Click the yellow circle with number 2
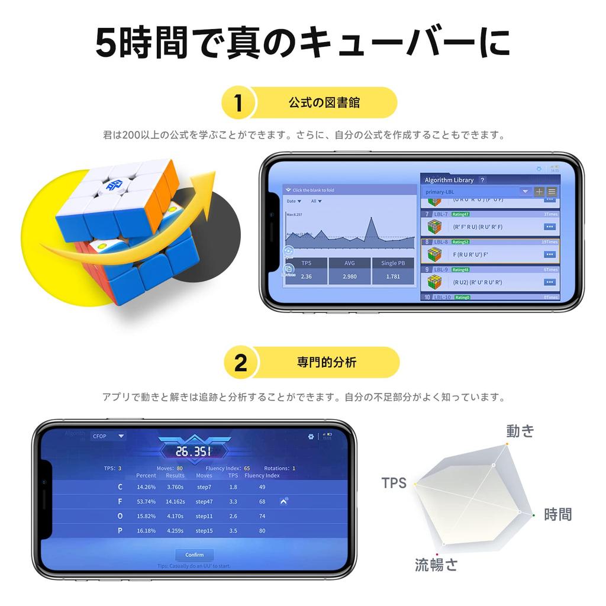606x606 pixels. click(240, 363)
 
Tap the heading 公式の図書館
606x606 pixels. click(324, 103)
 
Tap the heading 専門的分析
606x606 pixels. click(327, 363)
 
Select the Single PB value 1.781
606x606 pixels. click(394, 276)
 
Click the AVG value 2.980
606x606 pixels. click(350, 276)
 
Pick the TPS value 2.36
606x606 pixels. click(306, 276)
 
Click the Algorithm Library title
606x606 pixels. click(449, 180)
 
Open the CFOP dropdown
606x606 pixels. click(108, 436)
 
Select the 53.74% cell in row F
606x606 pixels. click(146, 501)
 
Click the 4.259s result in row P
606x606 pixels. click(175, 531)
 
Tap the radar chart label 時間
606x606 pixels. click(558, 514)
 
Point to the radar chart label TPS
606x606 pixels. click(394, 483)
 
